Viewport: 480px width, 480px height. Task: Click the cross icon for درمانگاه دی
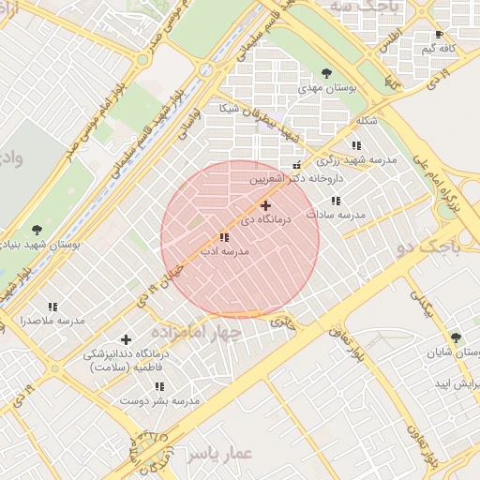coord(265,204)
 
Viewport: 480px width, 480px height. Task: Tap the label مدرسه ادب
coord(224,252)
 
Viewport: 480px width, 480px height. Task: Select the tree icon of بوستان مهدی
coord(326,72)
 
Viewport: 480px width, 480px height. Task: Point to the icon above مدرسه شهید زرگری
coord(356,145)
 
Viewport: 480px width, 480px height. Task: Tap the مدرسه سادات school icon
coord(335,201)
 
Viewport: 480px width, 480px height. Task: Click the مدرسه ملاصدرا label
coord(52,321)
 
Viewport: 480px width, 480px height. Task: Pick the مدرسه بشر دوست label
coord(159,401)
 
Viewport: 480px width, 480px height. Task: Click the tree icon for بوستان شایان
coord(456,337)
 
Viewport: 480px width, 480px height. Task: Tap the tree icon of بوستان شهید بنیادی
coord(37,229)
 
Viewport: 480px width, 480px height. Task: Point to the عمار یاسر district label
coord(219,454)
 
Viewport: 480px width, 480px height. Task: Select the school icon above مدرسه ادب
coord(224,238)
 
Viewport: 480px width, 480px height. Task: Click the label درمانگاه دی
coord(266,219)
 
